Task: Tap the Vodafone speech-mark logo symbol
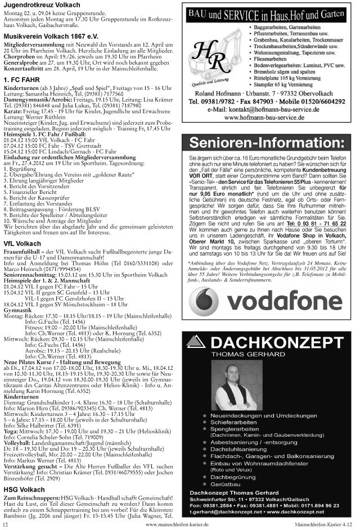[205, 303]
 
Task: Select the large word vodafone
[285, 303]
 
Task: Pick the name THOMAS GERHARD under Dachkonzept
[247, 355]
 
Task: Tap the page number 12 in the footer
[6, 524]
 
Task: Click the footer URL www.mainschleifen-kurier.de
[177, 524]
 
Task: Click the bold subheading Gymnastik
[17, 310]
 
